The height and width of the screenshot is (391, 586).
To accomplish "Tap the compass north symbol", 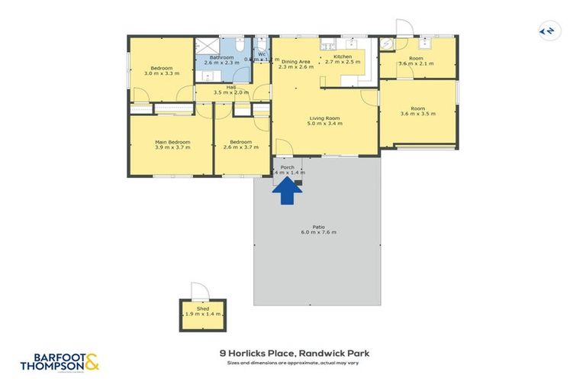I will click(x=547, y=31).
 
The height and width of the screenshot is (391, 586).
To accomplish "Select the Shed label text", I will click(x=203, y=309).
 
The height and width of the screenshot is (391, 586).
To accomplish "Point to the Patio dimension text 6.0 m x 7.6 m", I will click(x=318, y=231).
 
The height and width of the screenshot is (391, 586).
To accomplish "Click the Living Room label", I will click(x=324, y=118).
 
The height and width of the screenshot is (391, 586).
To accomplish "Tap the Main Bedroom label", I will click(x=172, y=142).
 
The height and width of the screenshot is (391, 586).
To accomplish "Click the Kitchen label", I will click(x=342, y=57).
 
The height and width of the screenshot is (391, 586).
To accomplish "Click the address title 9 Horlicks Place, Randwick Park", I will click(x=294, y=354).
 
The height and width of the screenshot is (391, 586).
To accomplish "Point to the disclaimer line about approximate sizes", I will click(x=294, y=363).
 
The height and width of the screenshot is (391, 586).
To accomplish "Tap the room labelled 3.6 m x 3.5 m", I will click(x=417, y=114).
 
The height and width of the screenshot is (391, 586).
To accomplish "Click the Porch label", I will click(x=288, y=167).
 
